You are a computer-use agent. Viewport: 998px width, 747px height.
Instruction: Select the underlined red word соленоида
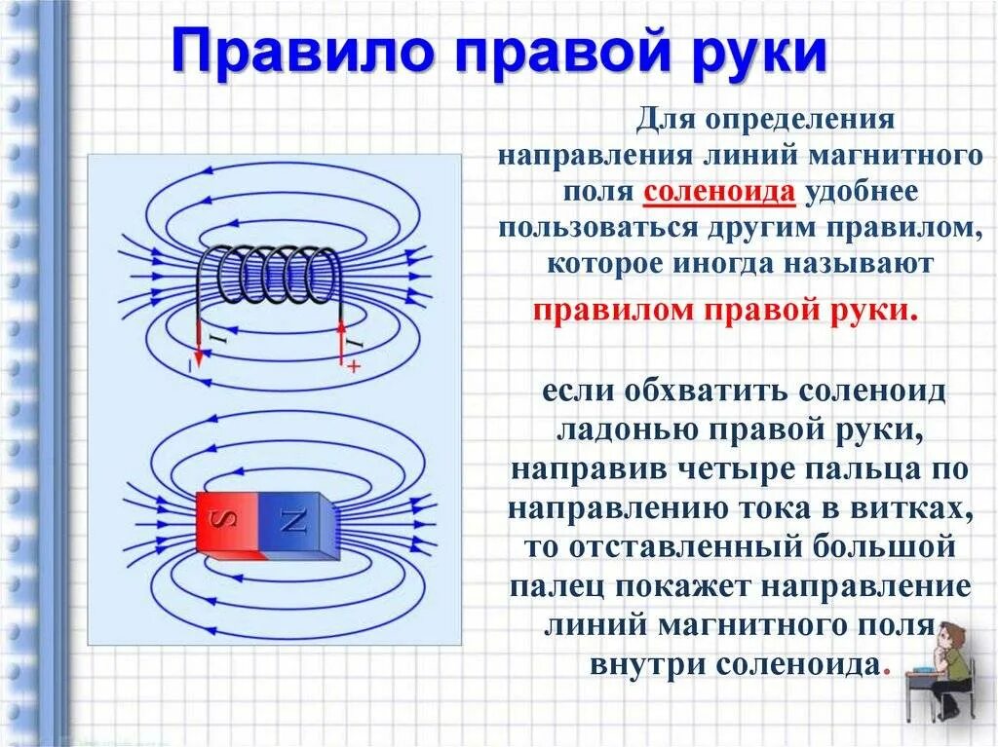(720, 192)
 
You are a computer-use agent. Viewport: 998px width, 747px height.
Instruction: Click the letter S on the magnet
(226, 521)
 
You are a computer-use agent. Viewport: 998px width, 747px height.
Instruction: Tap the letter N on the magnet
(293, 521)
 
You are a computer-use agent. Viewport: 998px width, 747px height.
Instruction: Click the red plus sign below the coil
(353, 366)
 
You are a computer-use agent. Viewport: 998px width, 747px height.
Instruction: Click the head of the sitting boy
(948, 638)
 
